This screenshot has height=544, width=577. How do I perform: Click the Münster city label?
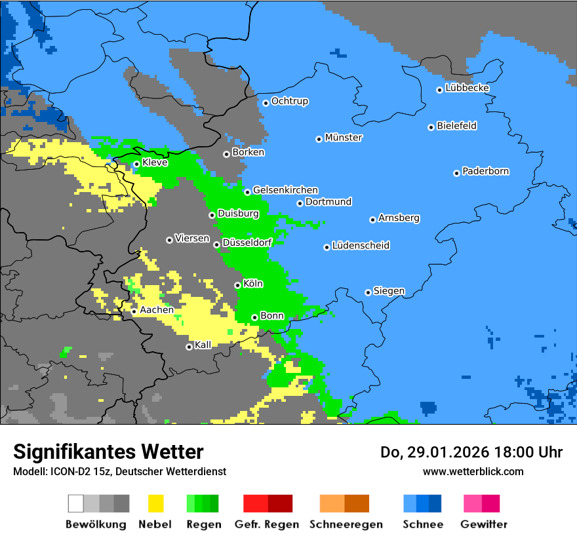(x=344, y=138)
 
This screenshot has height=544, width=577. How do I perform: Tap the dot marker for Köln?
(x=237, y=285)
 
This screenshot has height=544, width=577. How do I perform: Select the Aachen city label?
(x=157, y=310)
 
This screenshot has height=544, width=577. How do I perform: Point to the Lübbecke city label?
(x=467, y=88)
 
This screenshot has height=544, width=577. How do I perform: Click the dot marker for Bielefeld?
(x=431, y=127)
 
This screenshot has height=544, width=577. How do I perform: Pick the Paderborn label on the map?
(x=485, y=171)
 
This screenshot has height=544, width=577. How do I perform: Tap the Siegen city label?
(x=389, y=291)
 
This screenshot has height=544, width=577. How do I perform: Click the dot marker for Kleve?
(x=136, y=165)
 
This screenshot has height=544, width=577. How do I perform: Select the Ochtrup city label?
(x=289, y=102)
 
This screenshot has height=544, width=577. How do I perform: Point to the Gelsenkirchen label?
(x=285, y=190)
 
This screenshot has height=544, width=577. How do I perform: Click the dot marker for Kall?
(x=189, y=347)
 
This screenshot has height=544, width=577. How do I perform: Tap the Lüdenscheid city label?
(x=361, y=246)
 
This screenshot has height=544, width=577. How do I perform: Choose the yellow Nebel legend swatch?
(x=155, y=503)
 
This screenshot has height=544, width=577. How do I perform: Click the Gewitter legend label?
(x=483, y=524)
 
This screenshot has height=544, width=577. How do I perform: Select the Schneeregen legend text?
(x=346, y=524)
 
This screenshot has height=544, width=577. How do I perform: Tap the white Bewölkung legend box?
(x=75, y=503)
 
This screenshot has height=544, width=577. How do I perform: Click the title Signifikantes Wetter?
(x=108, y=452)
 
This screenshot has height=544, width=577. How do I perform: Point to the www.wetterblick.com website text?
(x=473, y=471)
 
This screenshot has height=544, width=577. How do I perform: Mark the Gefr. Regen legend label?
(x=267, y=524)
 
